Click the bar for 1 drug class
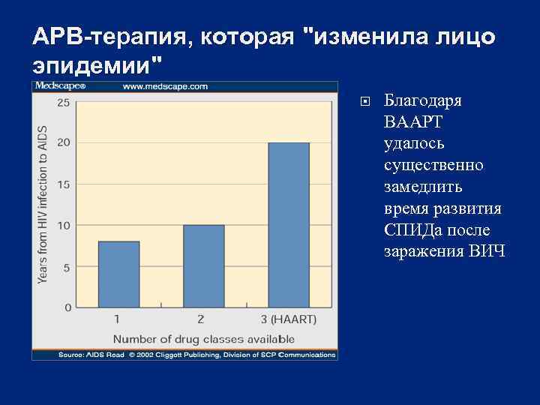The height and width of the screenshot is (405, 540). (x=118, y=274)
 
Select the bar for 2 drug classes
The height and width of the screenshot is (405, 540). (x=203, y=265)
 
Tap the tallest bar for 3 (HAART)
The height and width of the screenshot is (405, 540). (x=289, y=225)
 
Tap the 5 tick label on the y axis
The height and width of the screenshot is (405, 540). (x=67, y=267)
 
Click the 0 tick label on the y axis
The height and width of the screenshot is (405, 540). (x=67, y=307)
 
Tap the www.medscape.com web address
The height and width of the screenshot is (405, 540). (x=165, y=86)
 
